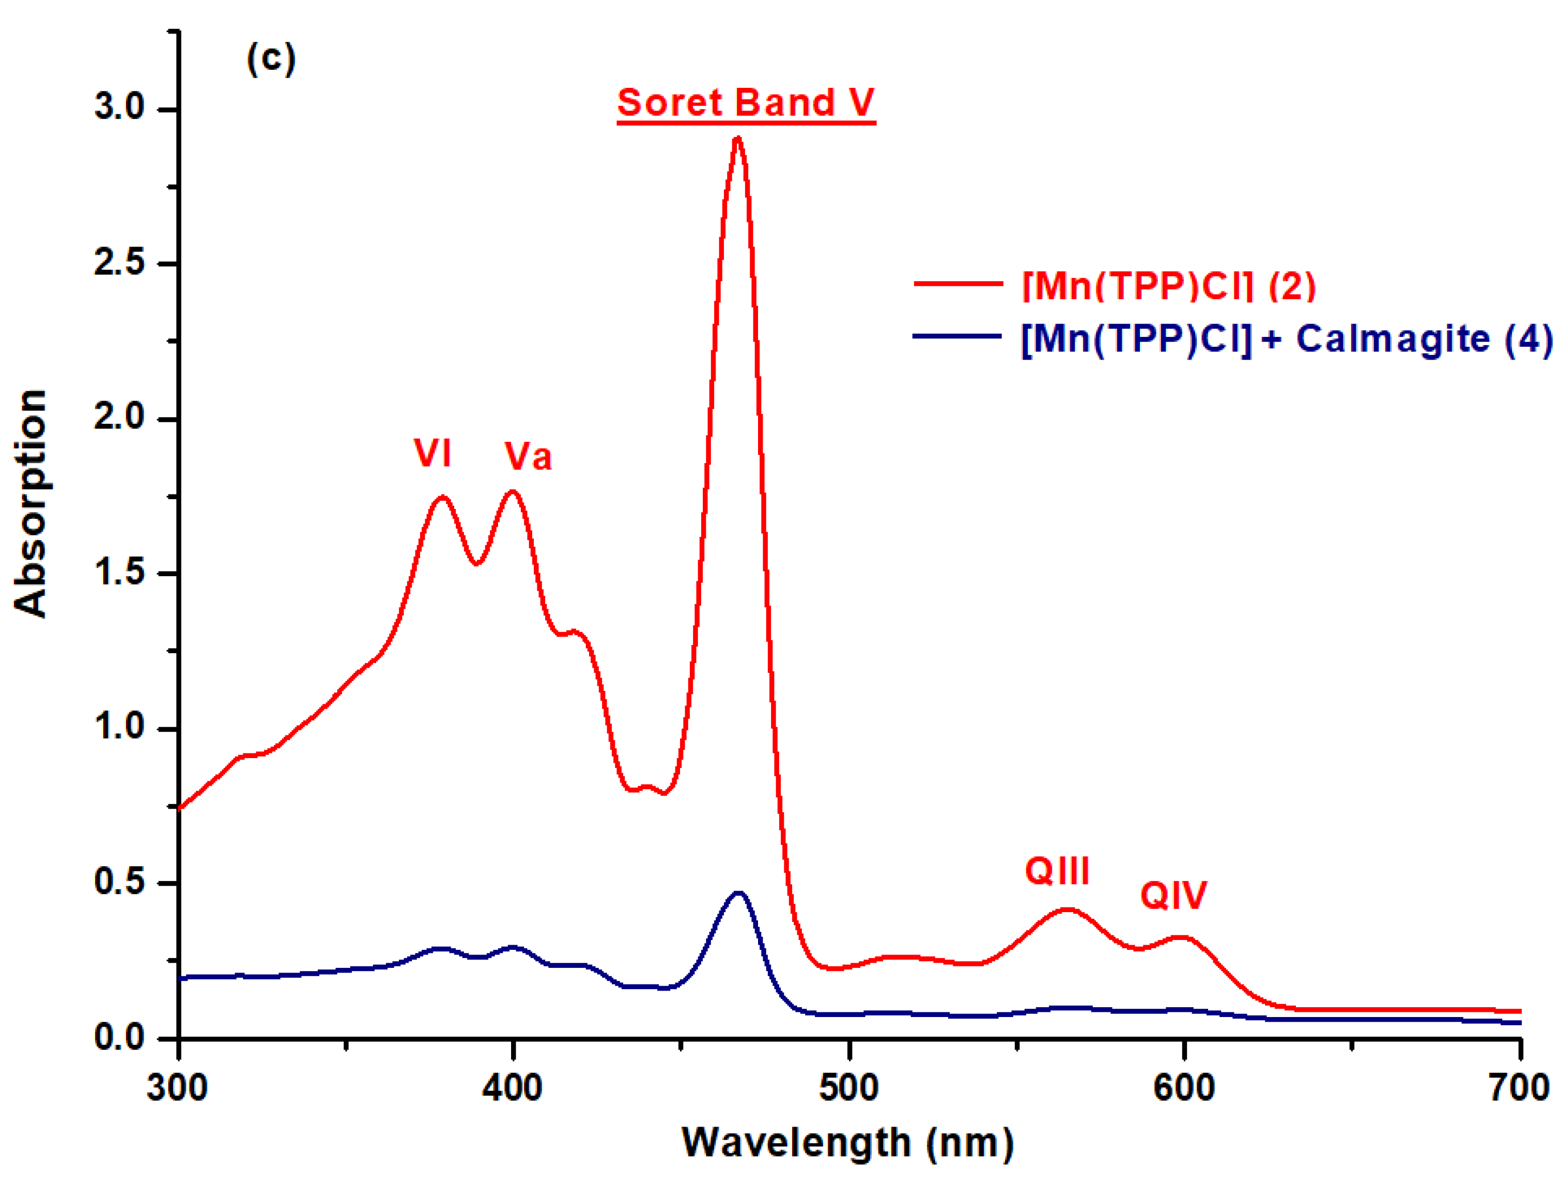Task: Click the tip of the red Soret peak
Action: point(738,139)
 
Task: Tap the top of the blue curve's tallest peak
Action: point(738,893)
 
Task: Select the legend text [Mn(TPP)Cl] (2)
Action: point(1169,285)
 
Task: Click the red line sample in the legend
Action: point(958,284)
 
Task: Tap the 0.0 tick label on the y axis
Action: point(118,1037)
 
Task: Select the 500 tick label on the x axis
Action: point(848,1088)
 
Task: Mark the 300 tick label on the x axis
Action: point(177,1088)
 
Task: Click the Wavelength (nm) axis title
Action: point(847,1143)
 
